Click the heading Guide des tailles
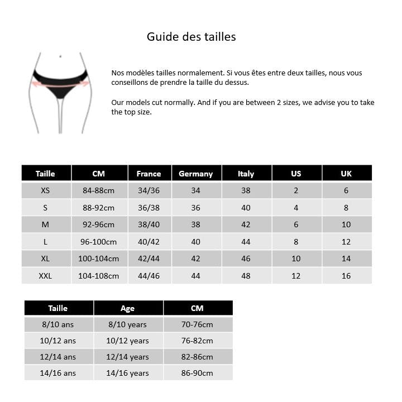[191, 37]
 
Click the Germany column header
[195, 174]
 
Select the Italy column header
[246, 174]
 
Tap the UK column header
[346, 174]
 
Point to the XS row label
[45, 190]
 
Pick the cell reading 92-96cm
[98, 225]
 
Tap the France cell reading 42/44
[149, 259]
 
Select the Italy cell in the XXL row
[246, 276]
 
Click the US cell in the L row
[296, 242]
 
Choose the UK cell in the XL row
[346, 259]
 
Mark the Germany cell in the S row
[195, 208]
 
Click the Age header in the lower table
[127, 308]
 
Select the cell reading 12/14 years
[127, 357]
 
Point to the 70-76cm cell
[197, 324]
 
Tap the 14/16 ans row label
[58, 373]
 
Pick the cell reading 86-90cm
[197, 373]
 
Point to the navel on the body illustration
[60, 56]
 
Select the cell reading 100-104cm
[98, 259]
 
